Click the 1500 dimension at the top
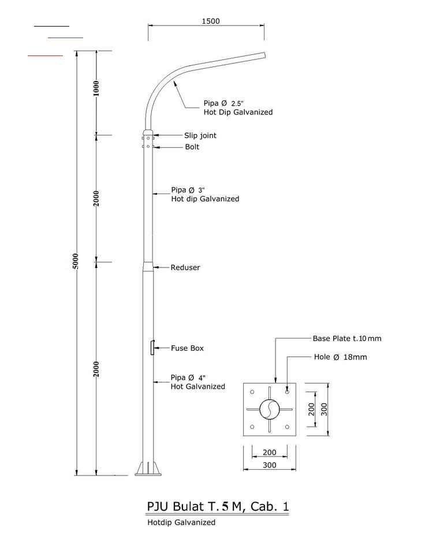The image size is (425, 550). pos(211,21)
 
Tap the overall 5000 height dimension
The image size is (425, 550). pos(76,263)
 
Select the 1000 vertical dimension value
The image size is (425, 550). pos(96,88)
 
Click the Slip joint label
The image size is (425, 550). pos(200,136)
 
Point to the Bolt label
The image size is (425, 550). pos(192,147)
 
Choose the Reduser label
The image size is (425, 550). pos(185,267)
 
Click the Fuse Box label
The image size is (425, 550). pos(187,348)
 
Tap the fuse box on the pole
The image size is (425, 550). pos(152,348)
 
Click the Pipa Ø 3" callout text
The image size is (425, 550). pos(188,190)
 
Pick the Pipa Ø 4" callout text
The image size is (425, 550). pos(188,378)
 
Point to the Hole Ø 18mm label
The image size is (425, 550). pos(340,357)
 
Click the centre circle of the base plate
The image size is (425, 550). pos(269,409)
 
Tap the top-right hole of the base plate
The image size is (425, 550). pos(287,391)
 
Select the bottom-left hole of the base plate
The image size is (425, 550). pos(252,427)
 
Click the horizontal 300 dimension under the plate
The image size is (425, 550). pos(269,465)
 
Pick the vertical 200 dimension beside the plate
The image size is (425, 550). pos(312,409)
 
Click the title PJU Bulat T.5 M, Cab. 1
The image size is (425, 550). pos(218,507)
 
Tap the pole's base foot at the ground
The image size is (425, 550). pos(149,469)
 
